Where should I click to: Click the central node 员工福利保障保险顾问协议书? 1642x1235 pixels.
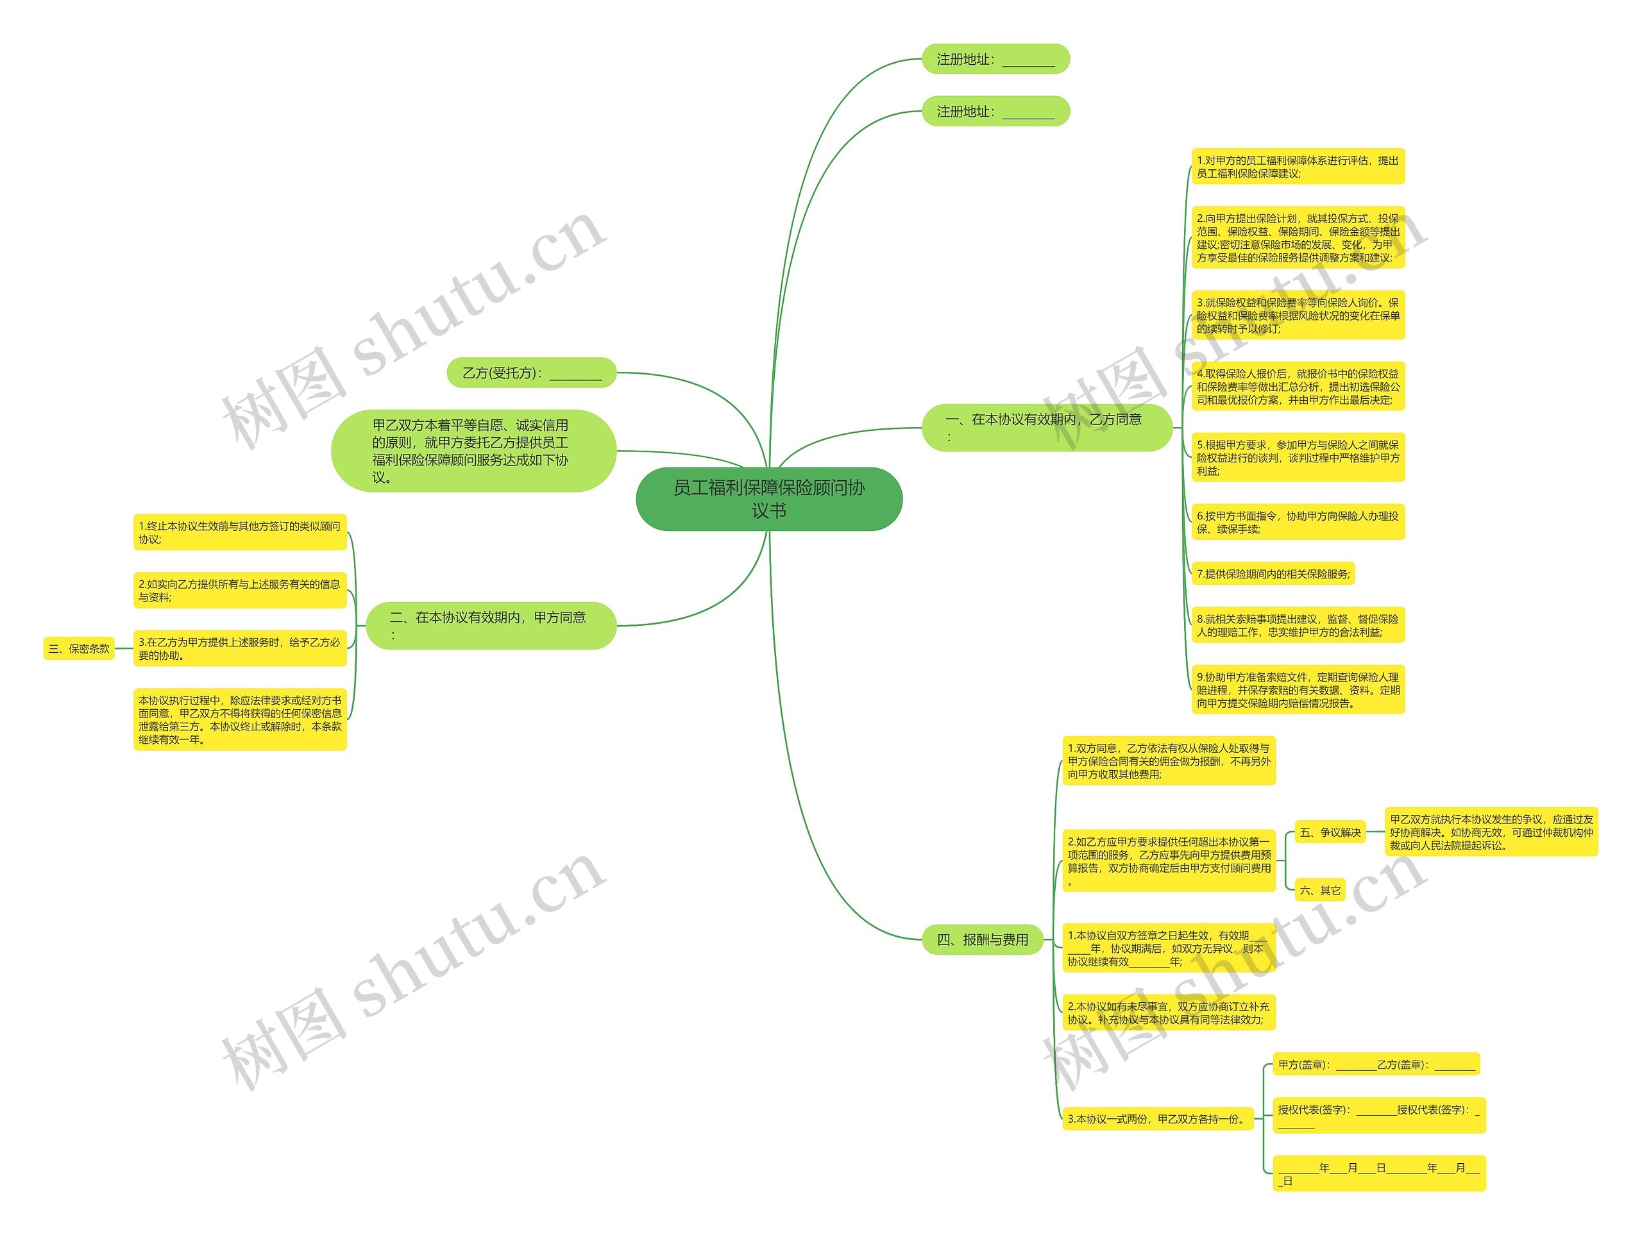click(768, 499)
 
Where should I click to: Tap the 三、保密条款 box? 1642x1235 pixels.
click(79, 649)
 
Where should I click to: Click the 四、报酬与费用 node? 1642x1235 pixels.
click(982, 939)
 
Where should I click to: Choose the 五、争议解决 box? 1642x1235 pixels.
click(1330, 833)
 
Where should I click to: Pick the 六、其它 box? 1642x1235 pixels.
click(1320, 891)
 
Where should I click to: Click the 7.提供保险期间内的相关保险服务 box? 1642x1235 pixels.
click(1273, 574)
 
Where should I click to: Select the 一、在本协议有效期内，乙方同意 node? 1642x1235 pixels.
click(1046, 428)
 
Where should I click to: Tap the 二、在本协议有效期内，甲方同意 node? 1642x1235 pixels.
click(491, 625)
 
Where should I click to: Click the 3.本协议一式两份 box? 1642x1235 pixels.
click(1157, 1118)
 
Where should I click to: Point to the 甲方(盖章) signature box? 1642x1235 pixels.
click(1376, 1064)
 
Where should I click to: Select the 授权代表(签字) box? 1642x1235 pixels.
click(1378, 1116)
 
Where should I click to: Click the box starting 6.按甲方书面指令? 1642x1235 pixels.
click(1298, 523)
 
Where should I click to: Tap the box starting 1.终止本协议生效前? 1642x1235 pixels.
click(240, 532)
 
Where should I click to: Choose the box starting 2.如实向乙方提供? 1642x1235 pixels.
click(240, 590)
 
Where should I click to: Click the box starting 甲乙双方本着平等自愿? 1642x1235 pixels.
click(473, 451)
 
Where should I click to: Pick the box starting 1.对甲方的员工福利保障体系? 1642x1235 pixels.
click(1298, 167)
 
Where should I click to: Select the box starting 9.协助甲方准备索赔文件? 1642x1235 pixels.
click(1298, 689)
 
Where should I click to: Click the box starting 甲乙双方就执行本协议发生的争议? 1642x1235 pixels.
click(1491, 832)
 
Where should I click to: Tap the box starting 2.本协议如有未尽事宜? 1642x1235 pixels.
click(1169, 1013)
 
